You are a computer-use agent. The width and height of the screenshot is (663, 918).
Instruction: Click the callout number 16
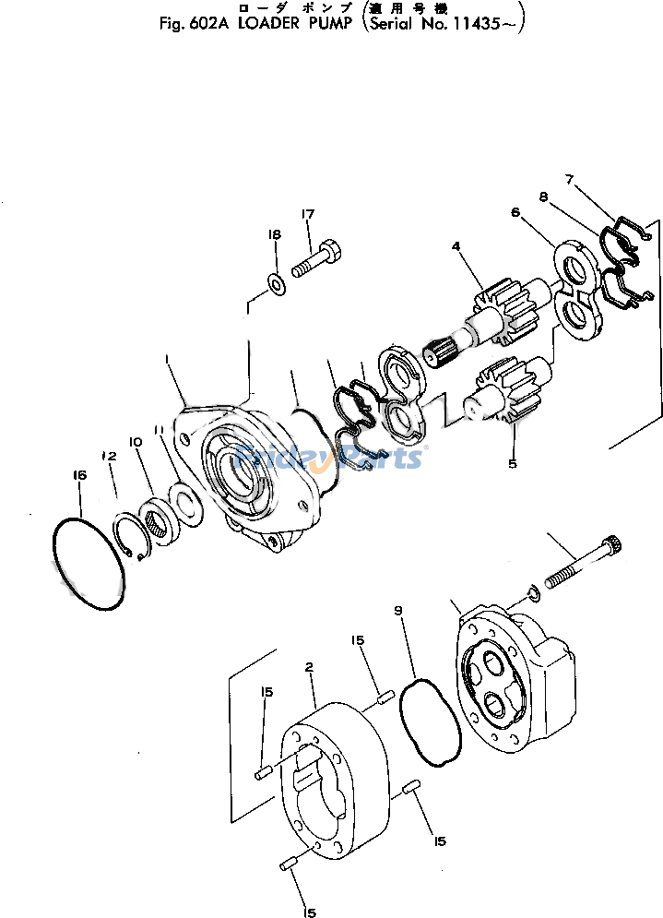(x=79, y=474)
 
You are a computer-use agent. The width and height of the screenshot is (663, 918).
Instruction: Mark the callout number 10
(x=136, y=442)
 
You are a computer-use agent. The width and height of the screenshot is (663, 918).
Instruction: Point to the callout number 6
(x=515, y=212)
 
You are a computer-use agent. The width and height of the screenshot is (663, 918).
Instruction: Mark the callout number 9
(x=398, y=610)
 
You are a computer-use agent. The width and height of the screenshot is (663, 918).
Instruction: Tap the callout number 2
(x=310, y=666)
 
